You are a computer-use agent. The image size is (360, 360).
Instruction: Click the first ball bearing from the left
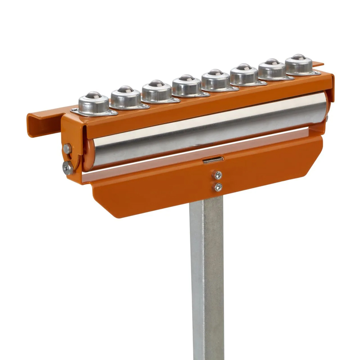pyautogui.click(x=94, y=103)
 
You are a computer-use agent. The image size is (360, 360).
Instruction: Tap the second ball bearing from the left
pyautogui.click(x=126, y=97)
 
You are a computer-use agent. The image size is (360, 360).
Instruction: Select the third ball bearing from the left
pyautogui.click(x=156, y=91)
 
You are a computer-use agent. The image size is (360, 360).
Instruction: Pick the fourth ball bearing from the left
pyautogui.click(x=186, y=85)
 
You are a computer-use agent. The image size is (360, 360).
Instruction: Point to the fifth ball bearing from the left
pyautogui.click(x=216, y=80)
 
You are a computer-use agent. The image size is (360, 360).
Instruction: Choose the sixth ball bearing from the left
pyautogui.click(x=244, y=75)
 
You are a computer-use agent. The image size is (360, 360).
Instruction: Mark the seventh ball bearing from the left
pyautogui.click(x=272, y=69)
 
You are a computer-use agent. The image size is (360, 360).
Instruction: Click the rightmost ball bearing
pyautogui.click(x=299, y=64)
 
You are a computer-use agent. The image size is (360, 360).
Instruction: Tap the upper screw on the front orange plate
pyautogui.click(x=218, y=175)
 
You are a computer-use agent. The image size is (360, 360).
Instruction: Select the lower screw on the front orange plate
pyautogui.click(x=218, y=187)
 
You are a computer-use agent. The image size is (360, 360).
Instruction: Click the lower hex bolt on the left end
pyautogui.click(x=67, y=167)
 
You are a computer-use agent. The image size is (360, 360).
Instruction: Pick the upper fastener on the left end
pyautogui.click(x=67, y=148)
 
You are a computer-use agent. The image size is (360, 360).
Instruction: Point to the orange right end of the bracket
pyautogui.click(x=331, y=88)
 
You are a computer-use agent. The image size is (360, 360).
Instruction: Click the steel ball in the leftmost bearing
pyautogui.click(x=93, y=95)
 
